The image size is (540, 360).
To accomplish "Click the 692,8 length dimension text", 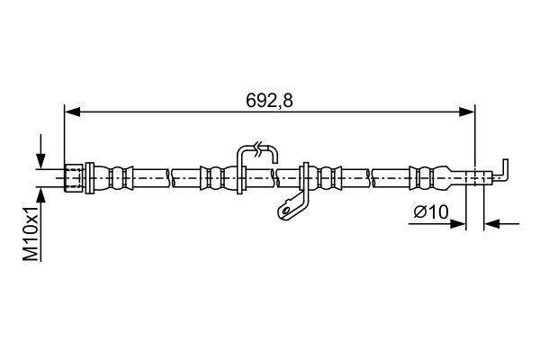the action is (269, 101).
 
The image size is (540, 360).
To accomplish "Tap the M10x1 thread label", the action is (31, 234).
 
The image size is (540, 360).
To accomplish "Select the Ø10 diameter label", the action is (431, 211).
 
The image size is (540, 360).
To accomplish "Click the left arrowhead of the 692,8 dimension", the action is (72, 112).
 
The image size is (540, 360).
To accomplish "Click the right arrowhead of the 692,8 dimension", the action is (467, 112).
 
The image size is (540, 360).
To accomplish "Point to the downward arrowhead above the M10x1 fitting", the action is (41, 161).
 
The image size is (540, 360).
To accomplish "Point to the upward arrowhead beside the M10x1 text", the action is (41, 196).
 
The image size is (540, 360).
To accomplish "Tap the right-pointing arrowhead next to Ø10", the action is (458, 224).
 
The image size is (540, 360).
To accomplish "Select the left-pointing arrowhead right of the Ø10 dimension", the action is (491, 224).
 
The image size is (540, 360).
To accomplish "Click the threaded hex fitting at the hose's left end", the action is (74, 178).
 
